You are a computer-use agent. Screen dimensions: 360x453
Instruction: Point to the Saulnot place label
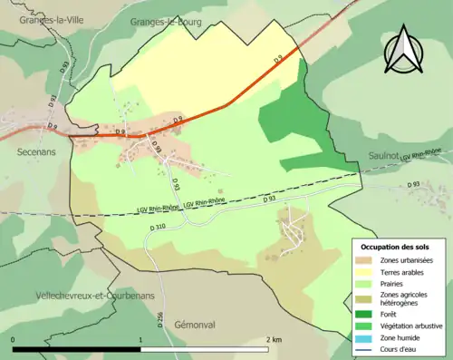[389, 156]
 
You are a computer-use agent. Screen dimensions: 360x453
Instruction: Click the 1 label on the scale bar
[141, 339]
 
